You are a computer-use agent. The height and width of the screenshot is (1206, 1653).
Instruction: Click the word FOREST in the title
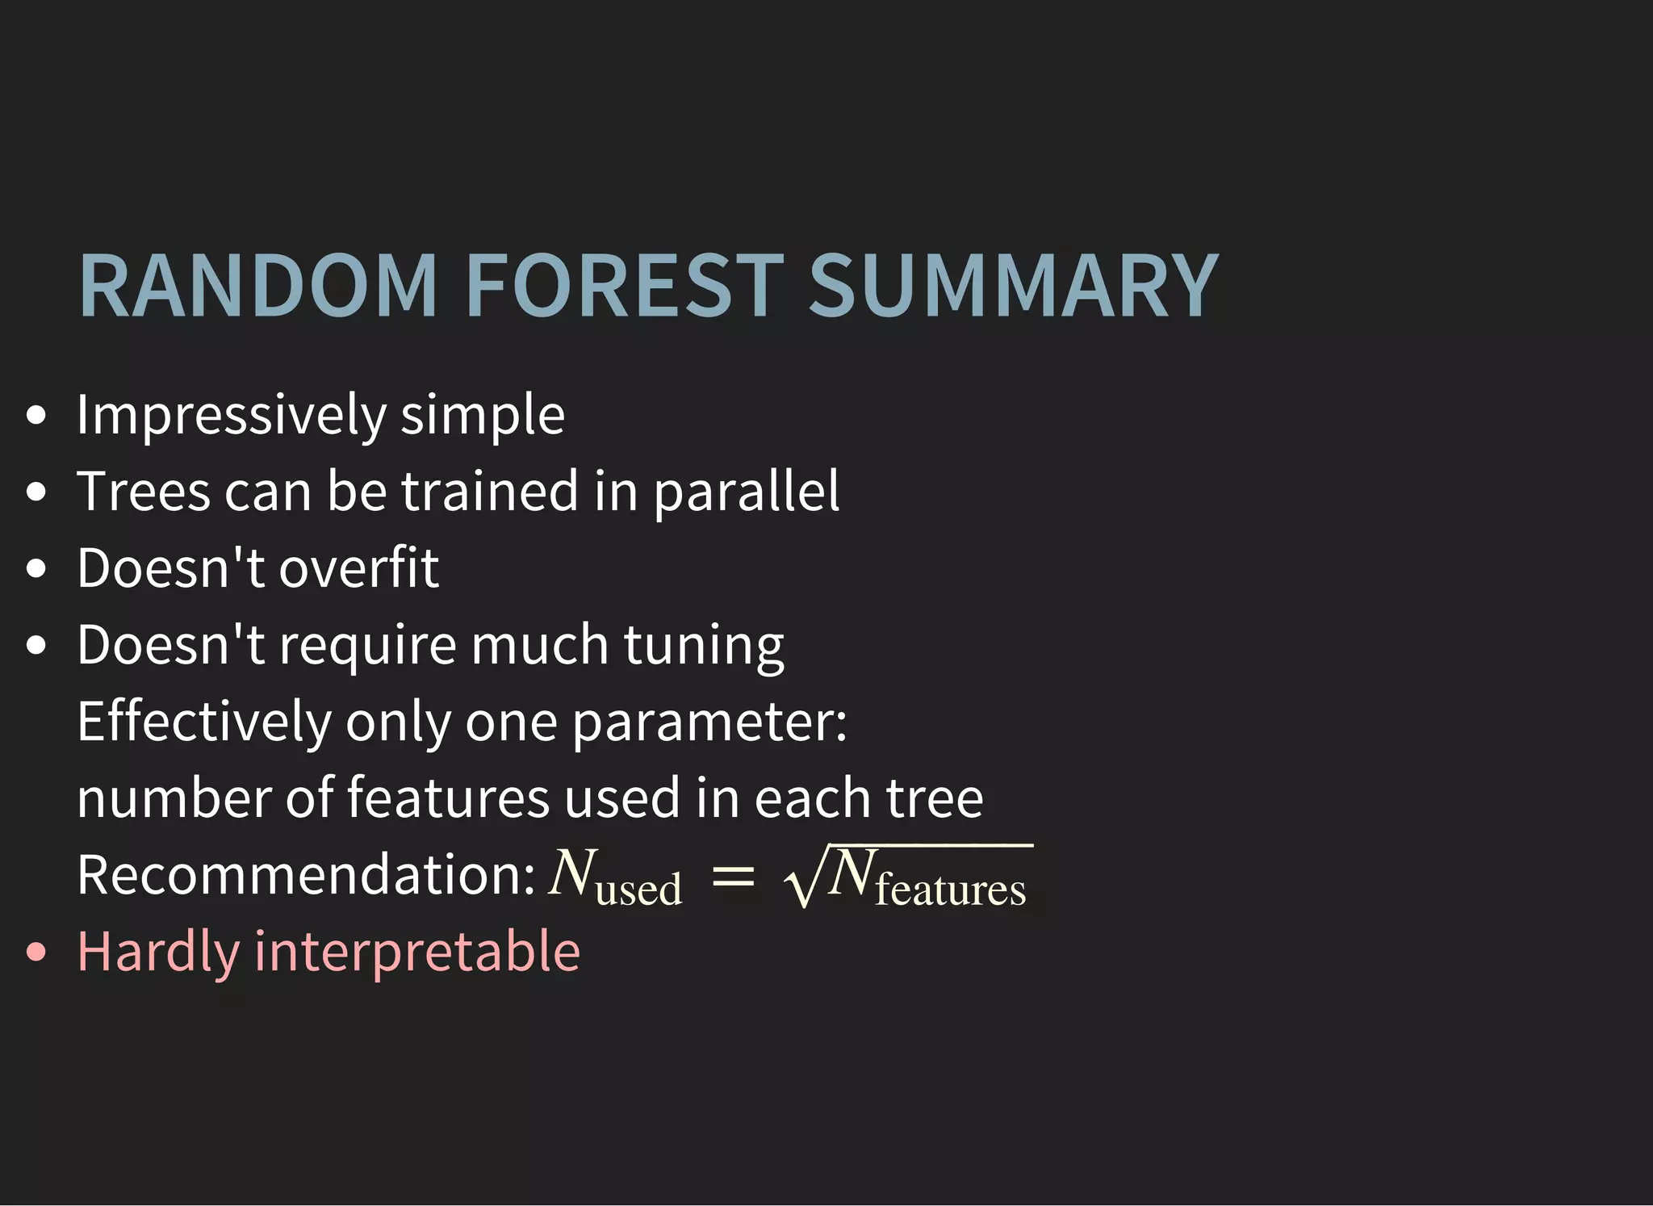(626, 287)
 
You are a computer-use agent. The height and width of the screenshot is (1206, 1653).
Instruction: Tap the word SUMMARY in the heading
(1013, 287)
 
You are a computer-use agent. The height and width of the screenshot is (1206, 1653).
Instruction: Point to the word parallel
(747, 492)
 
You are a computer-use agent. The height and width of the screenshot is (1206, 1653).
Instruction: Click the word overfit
(359, 567)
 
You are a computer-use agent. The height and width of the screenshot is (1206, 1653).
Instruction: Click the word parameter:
(710, 723)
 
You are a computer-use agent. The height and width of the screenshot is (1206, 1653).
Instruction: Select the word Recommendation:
(306, 875)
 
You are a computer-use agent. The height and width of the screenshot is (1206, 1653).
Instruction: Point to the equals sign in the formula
(733, 877)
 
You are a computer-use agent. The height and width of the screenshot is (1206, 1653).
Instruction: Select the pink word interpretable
(417, 952)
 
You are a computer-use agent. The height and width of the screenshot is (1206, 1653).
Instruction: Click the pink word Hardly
(158, 952)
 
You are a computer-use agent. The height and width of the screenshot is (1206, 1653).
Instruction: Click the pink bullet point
(36, 953)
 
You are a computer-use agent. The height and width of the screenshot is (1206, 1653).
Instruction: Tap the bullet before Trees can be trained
(36, 492)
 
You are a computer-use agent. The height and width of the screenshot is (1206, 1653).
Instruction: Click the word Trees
(143, 492)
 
